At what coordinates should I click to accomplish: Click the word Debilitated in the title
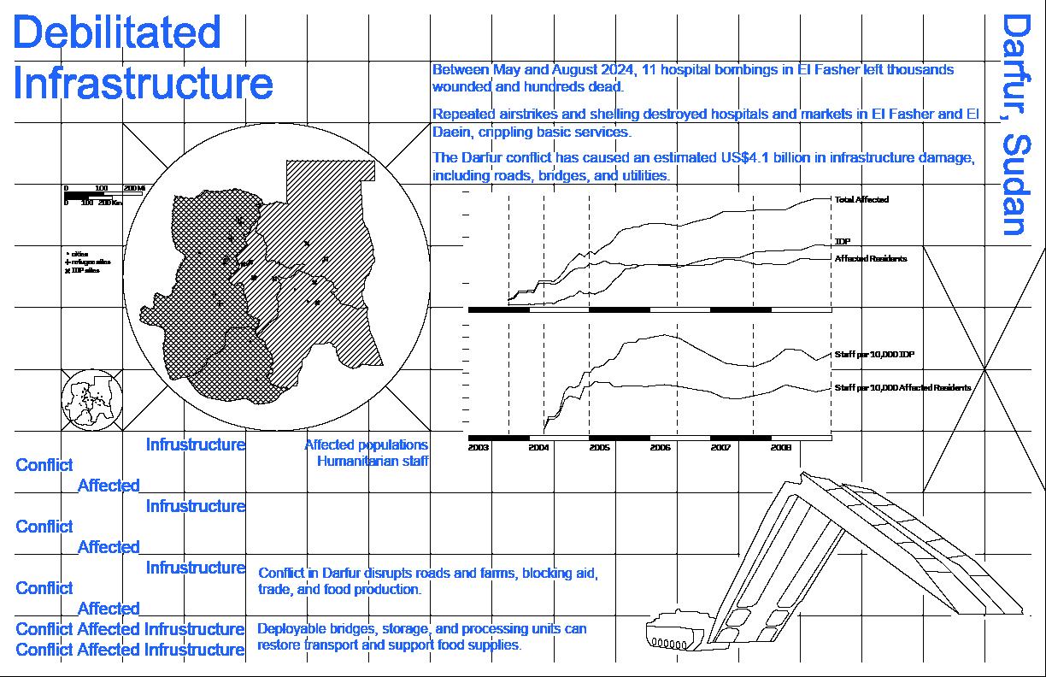pyautogui.click(x=118, y=32)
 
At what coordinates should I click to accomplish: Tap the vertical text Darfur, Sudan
pyautogui.click(x=1014, y=124)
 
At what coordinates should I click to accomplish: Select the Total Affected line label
pyautogui.click(x=861, y=199)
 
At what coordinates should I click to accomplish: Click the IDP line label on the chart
pyautogui.click(x=842, y=242)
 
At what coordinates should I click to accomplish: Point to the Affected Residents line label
pyautogui.click(x=870, y=258)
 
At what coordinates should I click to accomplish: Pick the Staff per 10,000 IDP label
pyautogui.click(x=875, y=354)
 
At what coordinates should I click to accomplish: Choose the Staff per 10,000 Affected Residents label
pyautogui.click(x=902, y=387)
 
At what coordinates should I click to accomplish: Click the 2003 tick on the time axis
pyautogui.click(x=479, y=447)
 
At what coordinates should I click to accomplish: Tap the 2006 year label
pyautogui.click(x=660, y=447)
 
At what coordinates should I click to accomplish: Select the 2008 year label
pyautogui.click(x=781, y=447)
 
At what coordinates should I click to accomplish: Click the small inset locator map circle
pyautogui.click(x=92, y=400)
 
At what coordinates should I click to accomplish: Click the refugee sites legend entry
pyautogui.click(x=89, y=262)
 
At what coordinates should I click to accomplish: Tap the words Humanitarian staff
pyautogui.click(x=373, y=462)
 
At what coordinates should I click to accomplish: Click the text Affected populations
pyautogui.click(x=366, y=444)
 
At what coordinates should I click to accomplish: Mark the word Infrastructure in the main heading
pyautogui.click(x=144, y=84)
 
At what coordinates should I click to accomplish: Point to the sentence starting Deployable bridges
pyautogui.click(x=422, y=637)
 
